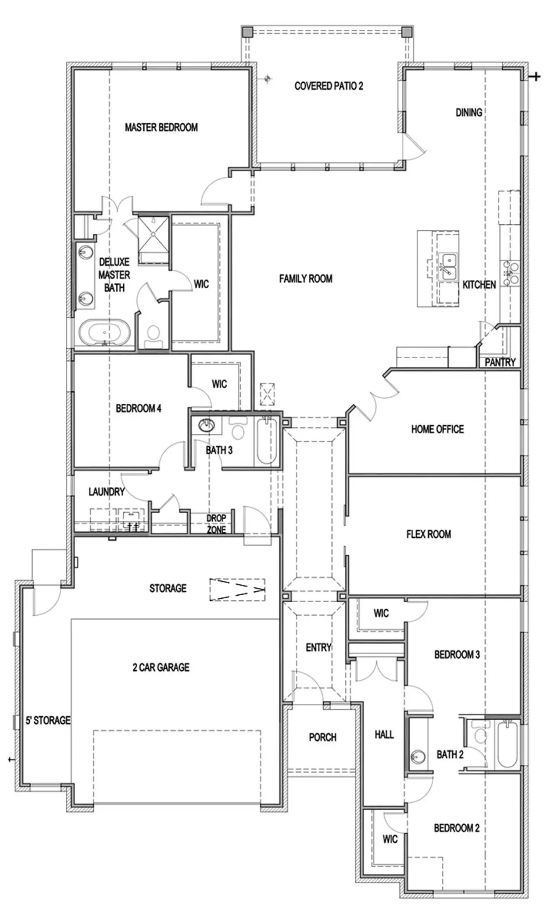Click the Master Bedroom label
click(x=161, y=127)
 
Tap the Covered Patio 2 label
click(x=328, y=86)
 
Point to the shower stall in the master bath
click(x=153, y=235)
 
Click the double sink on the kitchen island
click(x=447, y=267)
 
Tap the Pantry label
click(x=500, y=362)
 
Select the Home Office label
click(x=437, y=429)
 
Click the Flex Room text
click(x=428, y=534)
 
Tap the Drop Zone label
click(x=216, y=524)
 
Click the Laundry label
click(x=107, y=492)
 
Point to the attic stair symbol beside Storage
click(x=238, y=590)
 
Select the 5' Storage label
click(x=48, y=720)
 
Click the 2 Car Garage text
click(x=161, y=667)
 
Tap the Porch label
click(x=322, y=737)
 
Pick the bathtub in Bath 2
click(x=507, y=745)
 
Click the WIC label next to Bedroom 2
click(x=390, y=839)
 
